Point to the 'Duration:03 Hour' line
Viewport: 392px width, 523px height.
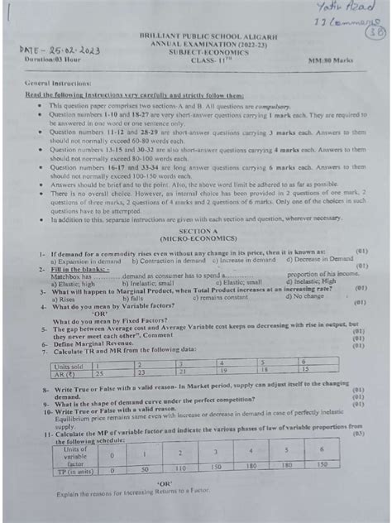click(51, 60)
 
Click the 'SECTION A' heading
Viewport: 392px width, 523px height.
click(196, 232)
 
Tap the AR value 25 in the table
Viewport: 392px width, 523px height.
click(100, 372)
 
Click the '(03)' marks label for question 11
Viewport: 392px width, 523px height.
click(356, 432)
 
